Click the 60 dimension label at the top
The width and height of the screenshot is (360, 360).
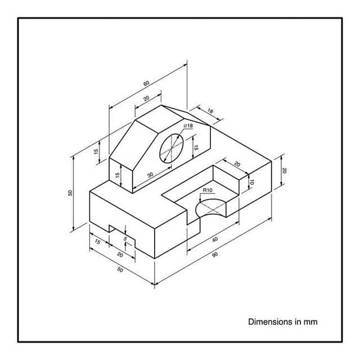click(x=146, y=83)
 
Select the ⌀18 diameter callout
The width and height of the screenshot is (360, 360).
click(x=188, y=126)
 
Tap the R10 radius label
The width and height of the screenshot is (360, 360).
click(x=207, y=191)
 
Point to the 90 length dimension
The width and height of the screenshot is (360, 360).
click(x=215, y=254)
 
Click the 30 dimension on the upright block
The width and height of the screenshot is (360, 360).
click(x=150, y=175)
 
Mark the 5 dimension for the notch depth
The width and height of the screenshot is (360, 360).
click(x=125, y=238)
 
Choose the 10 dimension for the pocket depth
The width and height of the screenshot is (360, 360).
click(x=252, y=182)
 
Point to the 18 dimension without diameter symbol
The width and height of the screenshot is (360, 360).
click(x=210, y=111)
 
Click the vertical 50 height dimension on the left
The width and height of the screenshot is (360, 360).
click(x=70, y=193)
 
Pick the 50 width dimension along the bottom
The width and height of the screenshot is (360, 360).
click(x=120, y=270)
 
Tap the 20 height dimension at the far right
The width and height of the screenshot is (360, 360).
click(x=285, y=170)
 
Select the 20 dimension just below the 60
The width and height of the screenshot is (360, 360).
click(x=146, y=98)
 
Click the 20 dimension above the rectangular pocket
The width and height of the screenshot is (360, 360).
click(x=237, y=164)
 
